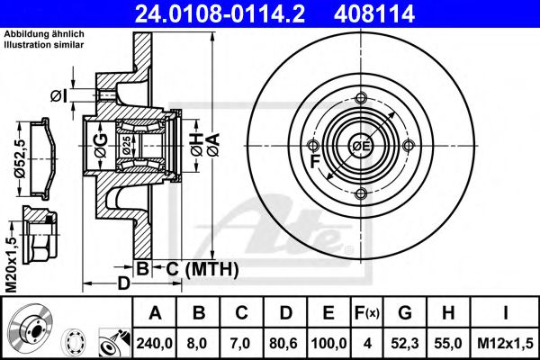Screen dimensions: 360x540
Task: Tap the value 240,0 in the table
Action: click(x=156, y=343)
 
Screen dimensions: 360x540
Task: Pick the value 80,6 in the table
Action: click(x=285, y=343)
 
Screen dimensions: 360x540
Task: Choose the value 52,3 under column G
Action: click(x=405, y=343)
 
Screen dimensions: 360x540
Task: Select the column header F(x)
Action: click(x=367, y=314)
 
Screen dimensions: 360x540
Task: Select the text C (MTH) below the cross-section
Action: click(x=198, y=268)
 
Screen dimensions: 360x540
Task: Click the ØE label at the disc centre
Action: click(x=361, y=147)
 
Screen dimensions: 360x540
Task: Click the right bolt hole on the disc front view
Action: click(x=409, y=147)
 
